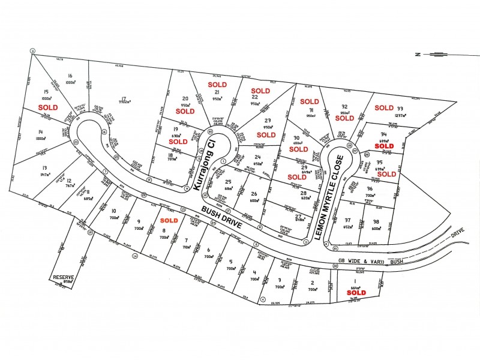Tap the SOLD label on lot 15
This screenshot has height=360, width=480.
(x=48, y=107)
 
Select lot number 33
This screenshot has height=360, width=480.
(x=400, y=109)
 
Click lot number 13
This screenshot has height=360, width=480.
(x=44, y=168)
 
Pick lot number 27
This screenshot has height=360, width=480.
(x=298, y=217)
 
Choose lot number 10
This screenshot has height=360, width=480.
(x=113, y=211)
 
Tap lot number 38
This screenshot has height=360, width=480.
(x=376, y=221)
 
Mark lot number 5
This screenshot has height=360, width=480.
(x=230, y=261)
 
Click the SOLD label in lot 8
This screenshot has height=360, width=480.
(x=169, y=221)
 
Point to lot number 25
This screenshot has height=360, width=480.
(x=228, y=182)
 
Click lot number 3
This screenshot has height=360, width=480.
(x=280, y=280)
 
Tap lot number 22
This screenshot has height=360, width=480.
(x=255, y=97)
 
